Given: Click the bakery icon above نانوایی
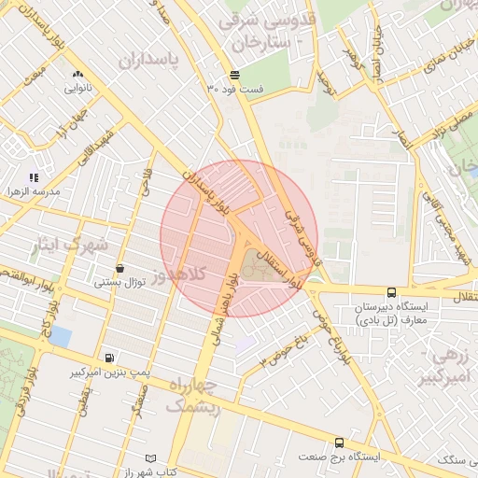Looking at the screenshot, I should pyautogui.click(x=77, y=74).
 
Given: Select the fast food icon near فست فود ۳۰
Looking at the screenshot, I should pyautogui.click(x=234, y=74).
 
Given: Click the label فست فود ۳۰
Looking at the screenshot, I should pyautogui.click(x=234, y=89).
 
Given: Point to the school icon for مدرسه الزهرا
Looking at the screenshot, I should pyautogui.click(x=34, y=176).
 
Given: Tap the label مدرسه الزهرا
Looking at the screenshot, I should pyautogui.click(x=34, y=191).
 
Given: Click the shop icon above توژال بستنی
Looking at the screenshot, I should pyautogui.click(x=120, y=268).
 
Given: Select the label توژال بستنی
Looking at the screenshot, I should pyautogui.click(x=120, y=282).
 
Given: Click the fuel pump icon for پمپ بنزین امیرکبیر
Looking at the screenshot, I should pyautogui.click(x=111, y=358).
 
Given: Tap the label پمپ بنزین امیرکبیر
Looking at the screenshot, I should pyautogui.click(x=111, y=373).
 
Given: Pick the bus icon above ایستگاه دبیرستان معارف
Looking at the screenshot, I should pyautogui.click(x=390, y=292).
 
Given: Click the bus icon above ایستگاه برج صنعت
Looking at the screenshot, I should pyautogui.click(x=339, y=443).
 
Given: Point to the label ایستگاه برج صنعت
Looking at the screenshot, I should pyautogui.click(x=340, y=457).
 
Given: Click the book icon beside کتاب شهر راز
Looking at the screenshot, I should pyautogui.click(x=151, y=459).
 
